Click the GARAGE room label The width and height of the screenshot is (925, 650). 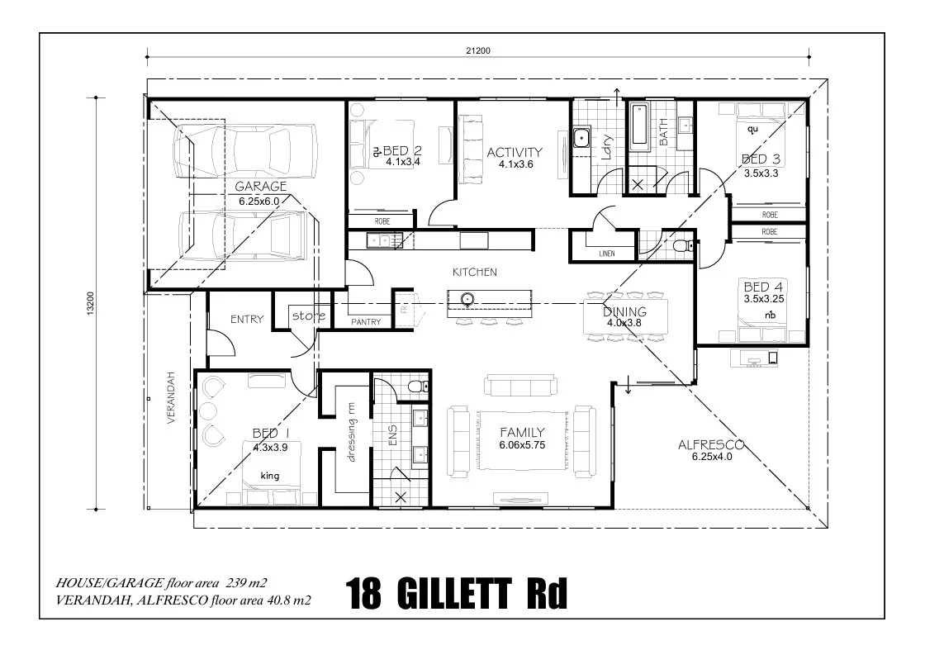click(260, 187)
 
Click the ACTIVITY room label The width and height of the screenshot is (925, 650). click(515, 152)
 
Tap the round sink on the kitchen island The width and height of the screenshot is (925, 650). click(467, 299)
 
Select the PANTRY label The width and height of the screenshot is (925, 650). click(366, 322)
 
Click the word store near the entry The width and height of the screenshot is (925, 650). click(309, 316)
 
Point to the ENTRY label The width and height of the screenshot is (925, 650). click(247, 320)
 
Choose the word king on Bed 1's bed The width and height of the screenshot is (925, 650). click(270, 476)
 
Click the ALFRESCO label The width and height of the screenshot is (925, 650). click(711, 444)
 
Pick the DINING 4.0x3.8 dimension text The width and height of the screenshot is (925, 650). click(624, 324)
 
